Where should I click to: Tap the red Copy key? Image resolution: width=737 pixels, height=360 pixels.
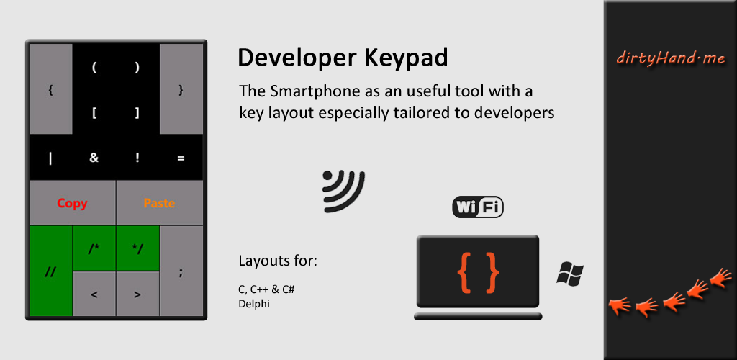coord(73,203)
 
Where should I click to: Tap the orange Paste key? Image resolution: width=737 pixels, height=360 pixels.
coord(160,203)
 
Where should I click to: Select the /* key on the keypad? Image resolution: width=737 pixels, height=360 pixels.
coord(94,248)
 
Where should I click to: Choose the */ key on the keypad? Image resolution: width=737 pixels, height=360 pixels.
coord(137,248)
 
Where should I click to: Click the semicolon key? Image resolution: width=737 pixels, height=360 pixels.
coord(181,271)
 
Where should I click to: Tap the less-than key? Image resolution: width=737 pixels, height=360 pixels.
coord(94,294)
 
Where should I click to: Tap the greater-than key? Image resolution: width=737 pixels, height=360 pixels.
coord(137,294)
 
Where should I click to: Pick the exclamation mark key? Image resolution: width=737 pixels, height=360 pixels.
coord(137,158)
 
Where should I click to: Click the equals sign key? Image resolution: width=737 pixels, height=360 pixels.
coord(181,158)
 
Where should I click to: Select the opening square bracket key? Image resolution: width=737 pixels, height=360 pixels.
coord(94,113)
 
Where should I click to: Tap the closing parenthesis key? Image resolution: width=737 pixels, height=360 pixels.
coord(137,68)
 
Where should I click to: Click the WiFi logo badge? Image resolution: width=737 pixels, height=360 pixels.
coord(478,207)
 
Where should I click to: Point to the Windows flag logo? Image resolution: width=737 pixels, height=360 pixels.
coord(570,274)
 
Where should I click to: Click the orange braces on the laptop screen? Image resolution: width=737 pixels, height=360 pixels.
coord(478,273)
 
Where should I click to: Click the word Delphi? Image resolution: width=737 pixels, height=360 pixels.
coord(254,304)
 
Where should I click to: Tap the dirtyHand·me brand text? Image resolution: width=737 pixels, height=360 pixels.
coord(670,59)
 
